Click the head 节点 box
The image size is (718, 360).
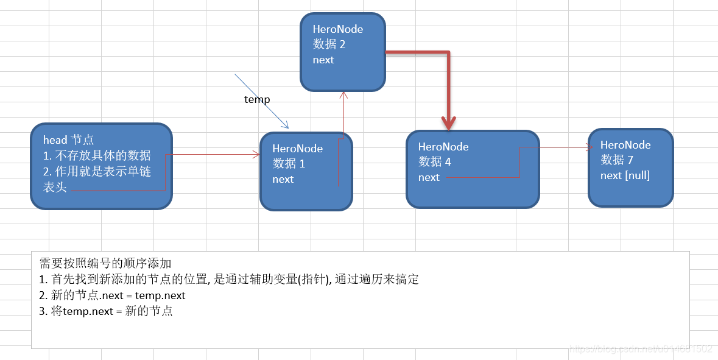click(101, 166)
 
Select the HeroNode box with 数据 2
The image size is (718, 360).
click(342, 52)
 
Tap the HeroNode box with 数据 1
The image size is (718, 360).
click(306, 171)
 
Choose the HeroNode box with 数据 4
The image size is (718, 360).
click(473, 169)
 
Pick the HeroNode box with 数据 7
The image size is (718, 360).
click(630, 167)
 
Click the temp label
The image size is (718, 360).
click(257, 99)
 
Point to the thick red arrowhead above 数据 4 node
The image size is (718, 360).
click(449, 124)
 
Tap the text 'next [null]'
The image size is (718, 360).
click(625, 175)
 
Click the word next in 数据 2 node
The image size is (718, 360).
click(323, 60)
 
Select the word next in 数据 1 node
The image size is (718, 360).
click(283, 179)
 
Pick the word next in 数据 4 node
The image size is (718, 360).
click(429, 177)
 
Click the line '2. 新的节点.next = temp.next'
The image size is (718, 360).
click(112, 295)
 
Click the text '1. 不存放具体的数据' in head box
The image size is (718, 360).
click(97, 155)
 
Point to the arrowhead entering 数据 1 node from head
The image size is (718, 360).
click(256, 155)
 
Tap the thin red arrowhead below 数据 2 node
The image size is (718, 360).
click(344, 95)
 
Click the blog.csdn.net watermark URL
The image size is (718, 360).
click(640, 349)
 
